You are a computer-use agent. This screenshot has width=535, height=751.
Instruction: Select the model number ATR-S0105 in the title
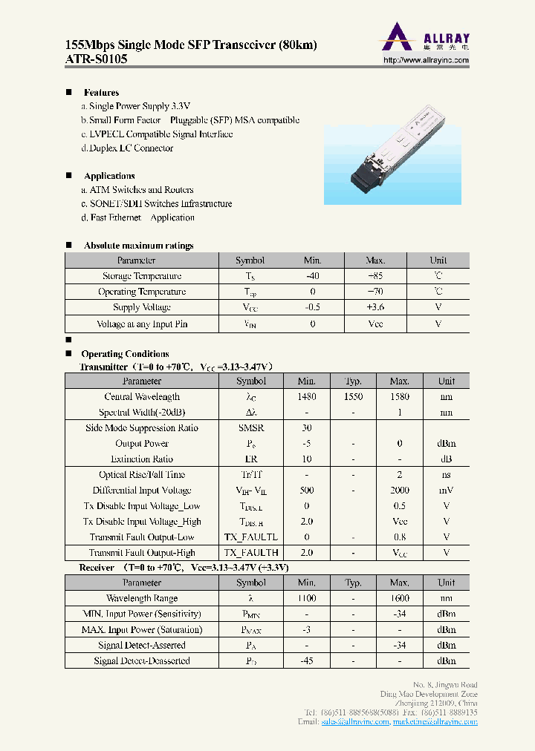click(86, 59)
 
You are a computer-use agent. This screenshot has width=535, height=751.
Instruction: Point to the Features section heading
click(101, 93)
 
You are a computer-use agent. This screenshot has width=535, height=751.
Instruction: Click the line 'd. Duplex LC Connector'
click(127, 148)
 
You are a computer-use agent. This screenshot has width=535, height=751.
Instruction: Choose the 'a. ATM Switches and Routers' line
click(137, 190)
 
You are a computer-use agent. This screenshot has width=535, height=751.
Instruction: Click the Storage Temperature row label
click(142, 276)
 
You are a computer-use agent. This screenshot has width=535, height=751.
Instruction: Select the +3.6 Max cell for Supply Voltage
click(375, 307)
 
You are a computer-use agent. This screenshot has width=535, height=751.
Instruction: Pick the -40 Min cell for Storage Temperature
click(312, 276)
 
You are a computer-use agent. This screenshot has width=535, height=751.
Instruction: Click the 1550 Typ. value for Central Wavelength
click(353, 397)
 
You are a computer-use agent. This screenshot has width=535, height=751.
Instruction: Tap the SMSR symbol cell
click(250, 428)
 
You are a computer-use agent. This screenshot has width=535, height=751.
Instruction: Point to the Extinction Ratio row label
click(142, 459)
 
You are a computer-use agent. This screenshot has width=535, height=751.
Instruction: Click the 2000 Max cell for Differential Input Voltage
click(399, 491)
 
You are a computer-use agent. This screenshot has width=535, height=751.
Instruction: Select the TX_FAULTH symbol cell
click(250, 553)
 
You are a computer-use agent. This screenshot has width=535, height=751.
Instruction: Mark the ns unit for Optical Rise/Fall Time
click(446, 475)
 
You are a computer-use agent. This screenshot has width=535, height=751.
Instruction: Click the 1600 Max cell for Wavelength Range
click(399, 598)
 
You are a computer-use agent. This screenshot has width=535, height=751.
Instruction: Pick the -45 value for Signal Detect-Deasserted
click(307, 660)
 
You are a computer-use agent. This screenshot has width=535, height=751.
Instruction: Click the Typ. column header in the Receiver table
click(353, 583)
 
